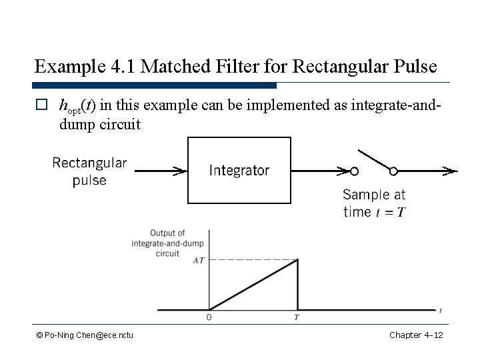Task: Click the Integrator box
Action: pos(239,170)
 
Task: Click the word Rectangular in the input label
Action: pos(89,163)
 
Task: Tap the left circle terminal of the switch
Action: pos(354,171)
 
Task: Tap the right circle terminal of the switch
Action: pos(393,171)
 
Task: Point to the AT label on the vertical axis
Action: pos(199,260)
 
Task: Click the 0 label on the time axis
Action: pos(209,318)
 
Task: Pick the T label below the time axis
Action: pos(296,318)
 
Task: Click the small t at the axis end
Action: pos(441,311)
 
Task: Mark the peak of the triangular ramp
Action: pos(297,259)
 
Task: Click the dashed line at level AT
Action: pos(253,259)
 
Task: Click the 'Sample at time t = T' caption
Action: pos(373,203)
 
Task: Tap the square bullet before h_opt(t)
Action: pos(42,105)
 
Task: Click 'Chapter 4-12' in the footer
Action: pos(416,334)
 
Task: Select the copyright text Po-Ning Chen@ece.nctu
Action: pos(85,334)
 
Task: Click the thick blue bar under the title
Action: pos(153,85)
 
